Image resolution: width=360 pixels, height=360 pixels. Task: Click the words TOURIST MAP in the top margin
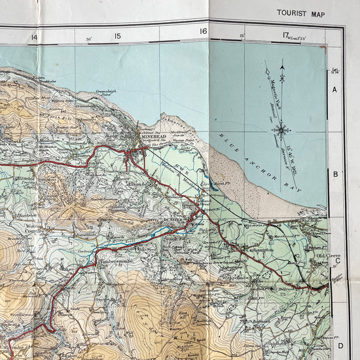[x=302, y=12]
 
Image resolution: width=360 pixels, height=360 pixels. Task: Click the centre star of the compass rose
[x=281, y=130]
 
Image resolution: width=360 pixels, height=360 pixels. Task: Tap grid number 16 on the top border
[x=204, y=31]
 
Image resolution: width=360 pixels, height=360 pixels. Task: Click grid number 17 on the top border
[x=286, y=35]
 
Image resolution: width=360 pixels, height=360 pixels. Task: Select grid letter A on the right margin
[x=334, y=90]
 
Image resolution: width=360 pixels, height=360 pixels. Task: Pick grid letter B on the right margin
[x=334, y=174]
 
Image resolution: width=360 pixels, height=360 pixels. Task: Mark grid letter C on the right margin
[x=338, y=261]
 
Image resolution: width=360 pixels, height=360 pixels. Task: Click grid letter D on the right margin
[x=340, y=346]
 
